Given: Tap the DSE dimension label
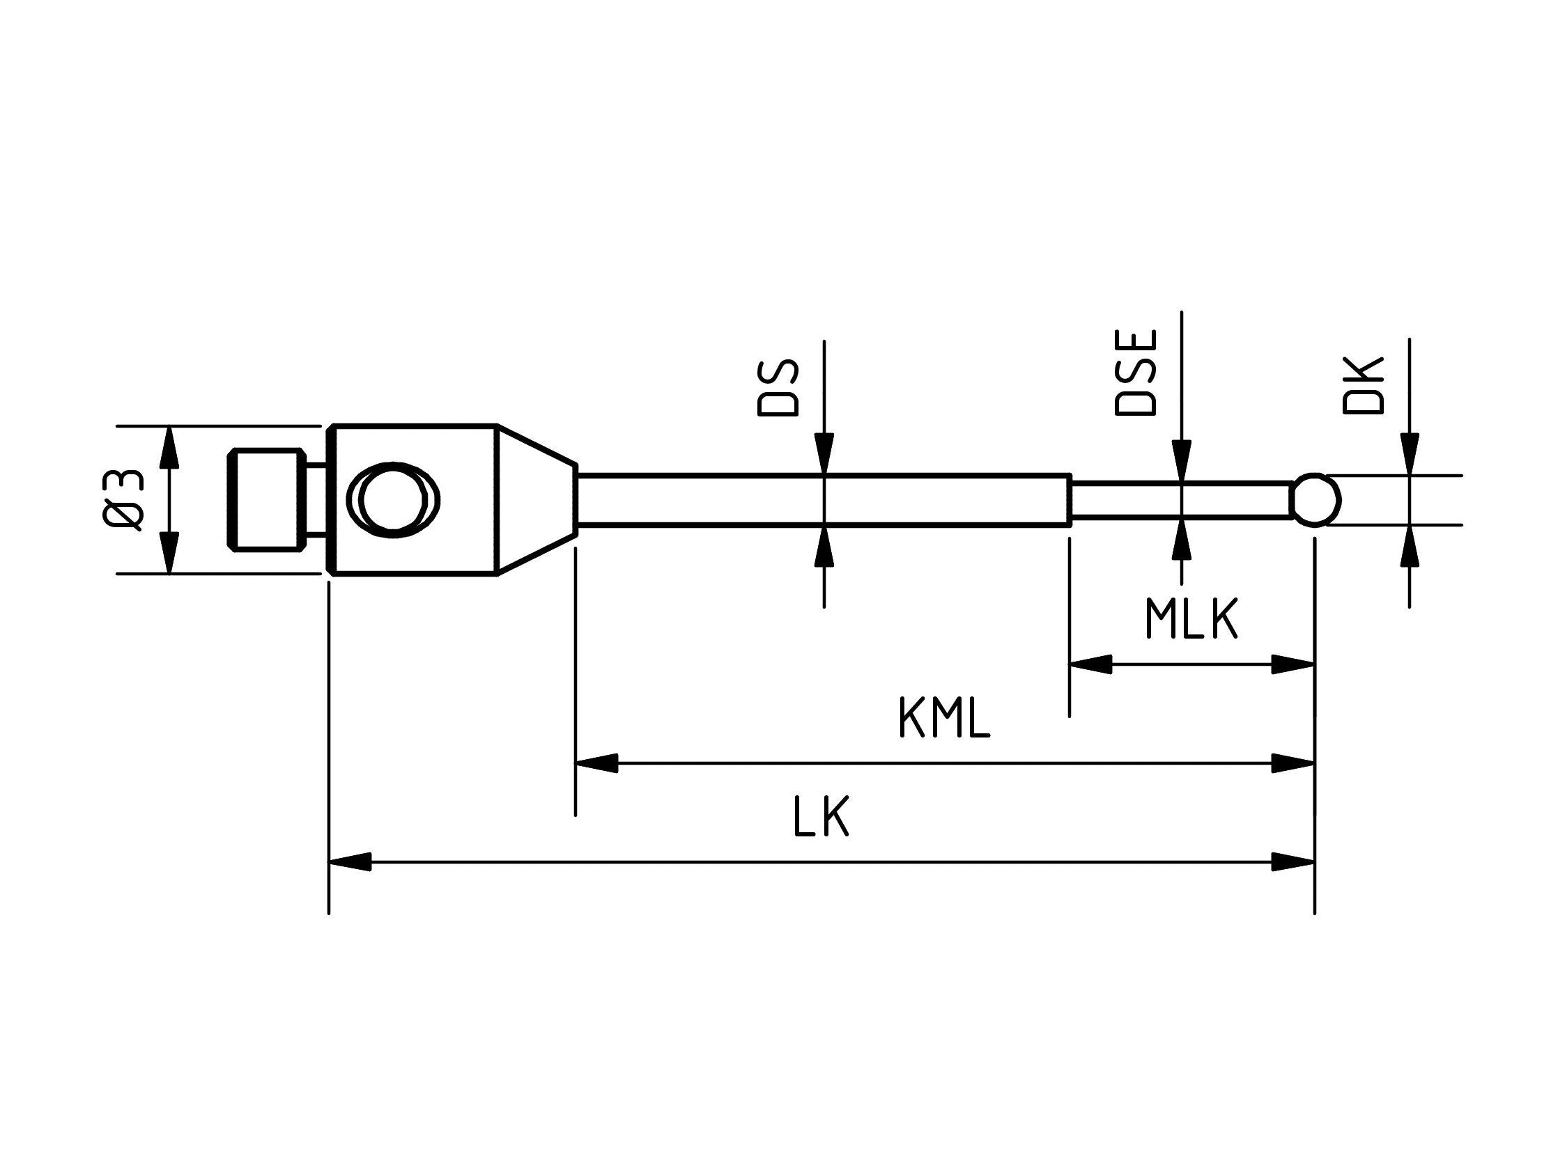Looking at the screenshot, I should click(1135, 373).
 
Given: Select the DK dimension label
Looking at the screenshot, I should click(1363, 386).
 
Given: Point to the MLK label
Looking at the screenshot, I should click(1191, 619).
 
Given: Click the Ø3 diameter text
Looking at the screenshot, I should click(124, 499).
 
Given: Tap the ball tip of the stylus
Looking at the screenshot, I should click(1316, 499).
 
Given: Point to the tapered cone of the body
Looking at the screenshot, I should click(537, 499).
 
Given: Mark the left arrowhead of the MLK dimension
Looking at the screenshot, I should click(1090, 664).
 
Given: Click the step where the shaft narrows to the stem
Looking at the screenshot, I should click(1071, 499).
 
